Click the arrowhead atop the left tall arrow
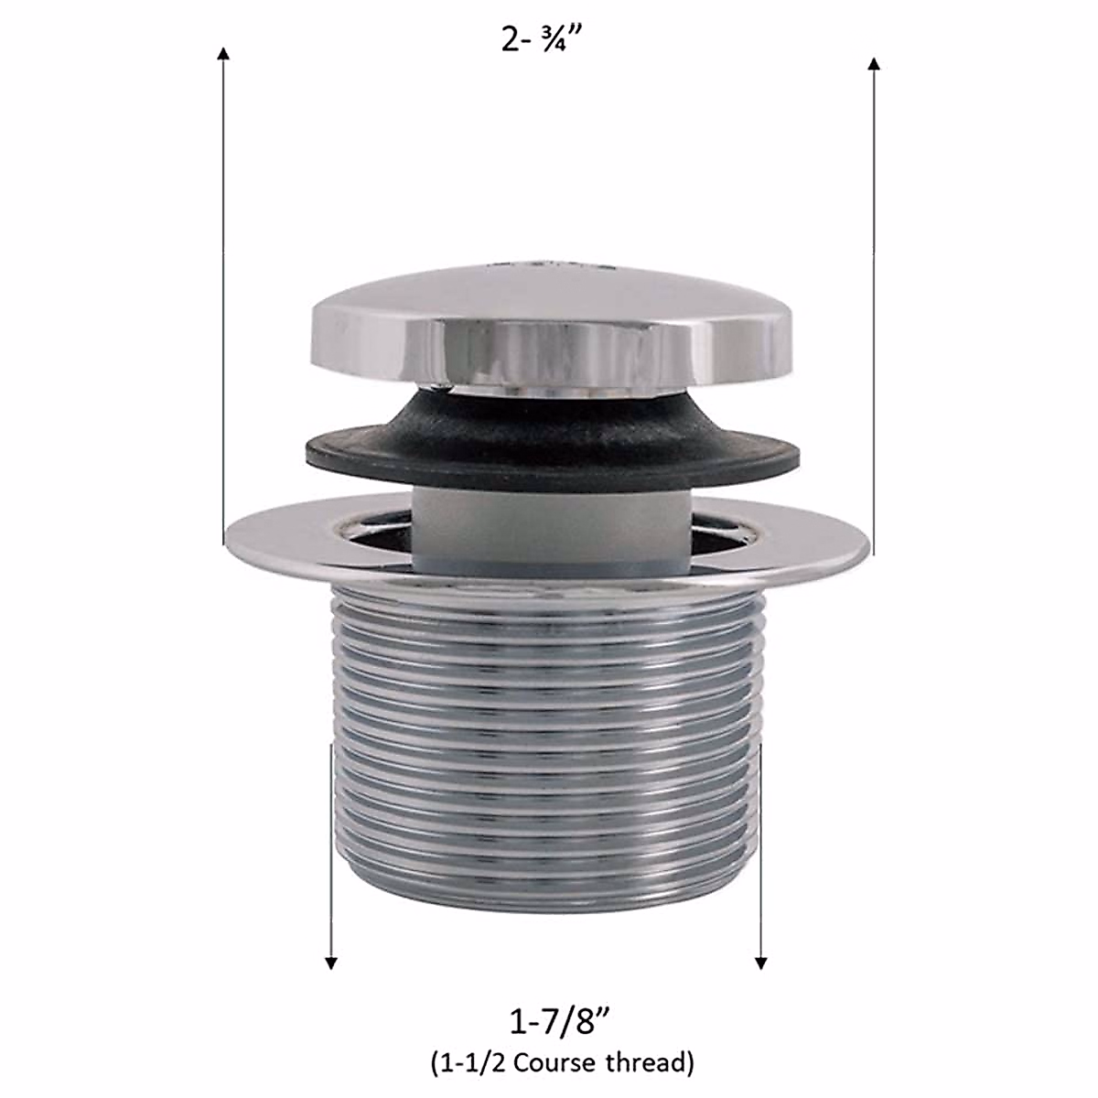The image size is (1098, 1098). pos(222,53)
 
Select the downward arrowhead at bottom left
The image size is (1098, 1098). pos(331,962)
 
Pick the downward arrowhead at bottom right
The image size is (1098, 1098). pos(760,962)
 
